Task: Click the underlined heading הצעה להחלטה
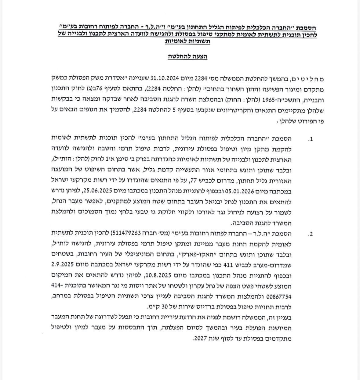click(188, 57)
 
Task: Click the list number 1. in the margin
click(311, 140)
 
